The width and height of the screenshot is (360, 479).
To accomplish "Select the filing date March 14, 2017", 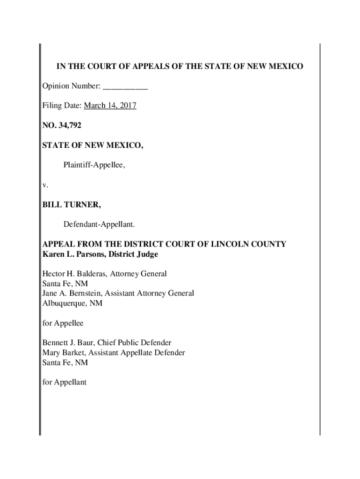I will (x=110, y=106).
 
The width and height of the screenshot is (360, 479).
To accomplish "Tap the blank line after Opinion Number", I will (x=125, y=86).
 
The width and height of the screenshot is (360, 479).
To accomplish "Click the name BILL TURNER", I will (x=71, y=205).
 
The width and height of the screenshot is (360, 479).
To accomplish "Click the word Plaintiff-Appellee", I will (x=94, y=165).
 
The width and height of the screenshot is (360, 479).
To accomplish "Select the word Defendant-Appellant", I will (x=99, y=225).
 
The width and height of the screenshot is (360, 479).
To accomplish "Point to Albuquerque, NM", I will (x=72, y=303).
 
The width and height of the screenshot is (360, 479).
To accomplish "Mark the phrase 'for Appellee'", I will (x=63, y=323).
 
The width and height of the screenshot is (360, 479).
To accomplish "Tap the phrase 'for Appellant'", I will (x=65, y=382).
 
